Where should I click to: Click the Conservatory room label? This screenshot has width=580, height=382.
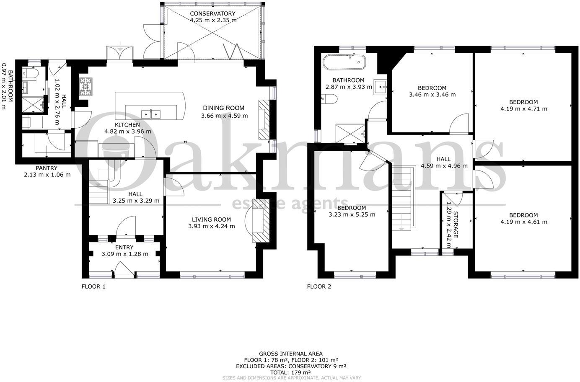tap(212, 13)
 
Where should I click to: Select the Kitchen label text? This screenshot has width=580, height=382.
tap(128, 125)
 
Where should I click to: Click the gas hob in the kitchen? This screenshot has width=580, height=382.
tap(85, 86)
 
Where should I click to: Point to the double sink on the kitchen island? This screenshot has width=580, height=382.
tap(150, 114)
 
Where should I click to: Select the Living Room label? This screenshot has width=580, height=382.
tap(211, 219)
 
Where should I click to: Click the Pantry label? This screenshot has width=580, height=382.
tap(46, 168)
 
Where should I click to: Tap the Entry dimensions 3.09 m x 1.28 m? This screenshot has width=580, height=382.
tap(125, 254)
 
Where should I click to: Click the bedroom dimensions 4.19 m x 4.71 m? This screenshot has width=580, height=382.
tap(523, 109)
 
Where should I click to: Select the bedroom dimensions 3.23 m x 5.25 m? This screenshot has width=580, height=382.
tap(352, 214)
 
